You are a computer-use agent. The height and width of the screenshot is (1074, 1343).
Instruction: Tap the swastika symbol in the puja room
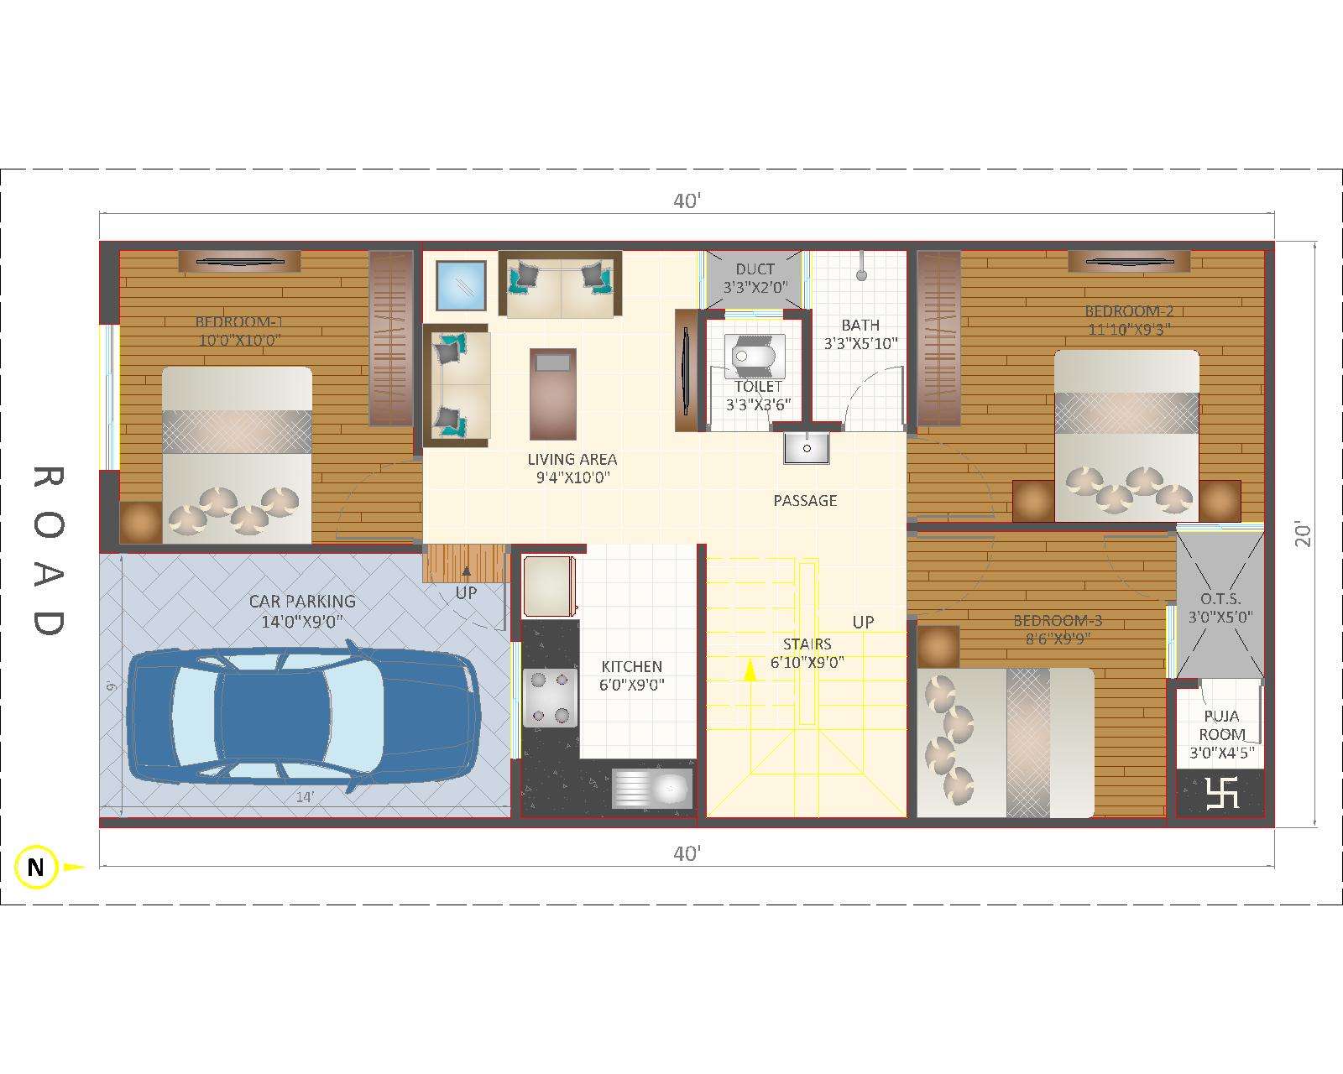point(1221,793)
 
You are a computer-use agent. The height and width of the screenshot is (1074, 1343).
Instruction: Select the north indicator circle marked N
point(36,867)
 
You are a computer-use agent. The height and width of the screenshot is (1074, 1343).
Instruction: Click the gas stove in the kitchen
point(550,697)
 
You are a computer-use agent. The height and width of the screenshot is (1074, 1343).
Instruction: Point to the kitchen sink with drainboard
point(652,788)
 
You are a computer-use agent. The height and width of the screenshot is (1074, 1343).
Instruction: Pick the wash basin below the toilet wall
point(807,448)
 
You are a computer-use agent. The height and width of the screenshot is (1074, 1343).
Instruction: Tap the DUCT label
point(755,269)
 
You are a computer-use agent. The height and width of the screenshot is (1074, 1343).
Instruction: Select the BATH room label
point(860,325)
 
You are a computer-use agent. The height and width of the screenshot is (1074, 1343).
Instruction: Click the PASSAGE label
point(805,500)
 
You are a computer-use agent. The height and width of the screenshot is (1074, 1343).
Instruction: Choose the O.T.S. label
point(1220,599)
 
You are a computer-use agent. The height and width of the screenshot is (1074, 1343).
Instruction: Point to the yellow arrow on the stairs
point(750,670)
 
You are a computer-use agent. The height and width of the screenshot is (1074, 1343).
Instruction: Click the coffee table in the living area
point(553,394)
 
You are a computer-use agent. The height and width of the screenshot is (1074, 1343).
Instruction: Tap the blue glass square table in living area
point(461,285)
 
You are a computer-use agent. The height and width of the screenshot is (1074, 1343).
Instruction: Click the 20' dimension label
point(1303,534)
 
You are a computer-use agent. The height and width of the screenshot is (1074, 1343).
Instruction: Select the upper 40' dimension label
point(687,201)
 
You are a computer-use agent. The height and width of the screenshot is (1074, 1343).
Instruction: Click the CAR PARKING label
point(302,601)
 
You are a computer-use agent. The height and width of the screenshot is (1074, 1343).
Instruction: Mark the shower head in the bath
point(862,274)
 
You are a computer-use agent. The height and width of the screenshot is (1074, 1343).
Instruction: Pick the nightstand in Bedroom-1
point(141,522)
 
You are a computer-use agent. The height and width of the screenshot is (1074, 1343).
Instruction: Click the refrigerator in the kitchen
point(549,587)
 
